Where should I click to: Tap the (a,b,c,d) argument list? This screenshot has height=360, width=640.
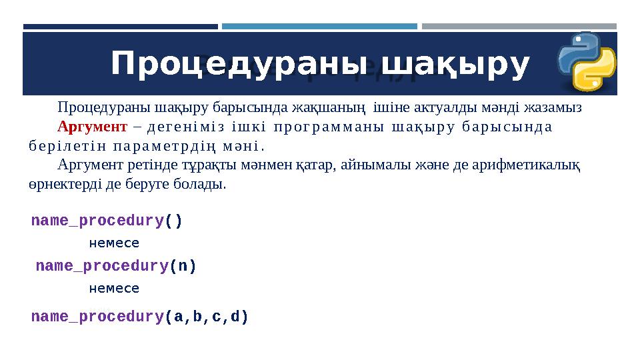coord(206,317)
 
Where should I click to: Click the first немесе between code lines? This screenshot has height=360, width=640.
coord(114,243)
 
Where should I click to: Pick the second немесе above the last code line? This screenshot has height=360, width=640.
coord(114,289)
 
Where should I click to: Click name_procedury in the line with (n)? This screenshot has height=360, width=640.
coord(101,266)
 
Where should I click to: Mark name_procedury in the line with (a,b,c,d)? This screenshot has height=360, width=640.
coord(97,317)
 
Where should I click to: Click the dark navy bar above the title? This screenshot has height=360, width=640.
coord(121,27)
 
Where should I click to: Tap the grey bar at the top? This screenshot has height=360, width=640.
coord(519,27)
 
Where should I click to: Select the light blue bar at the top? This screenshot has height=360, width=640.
coord(319,27)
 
